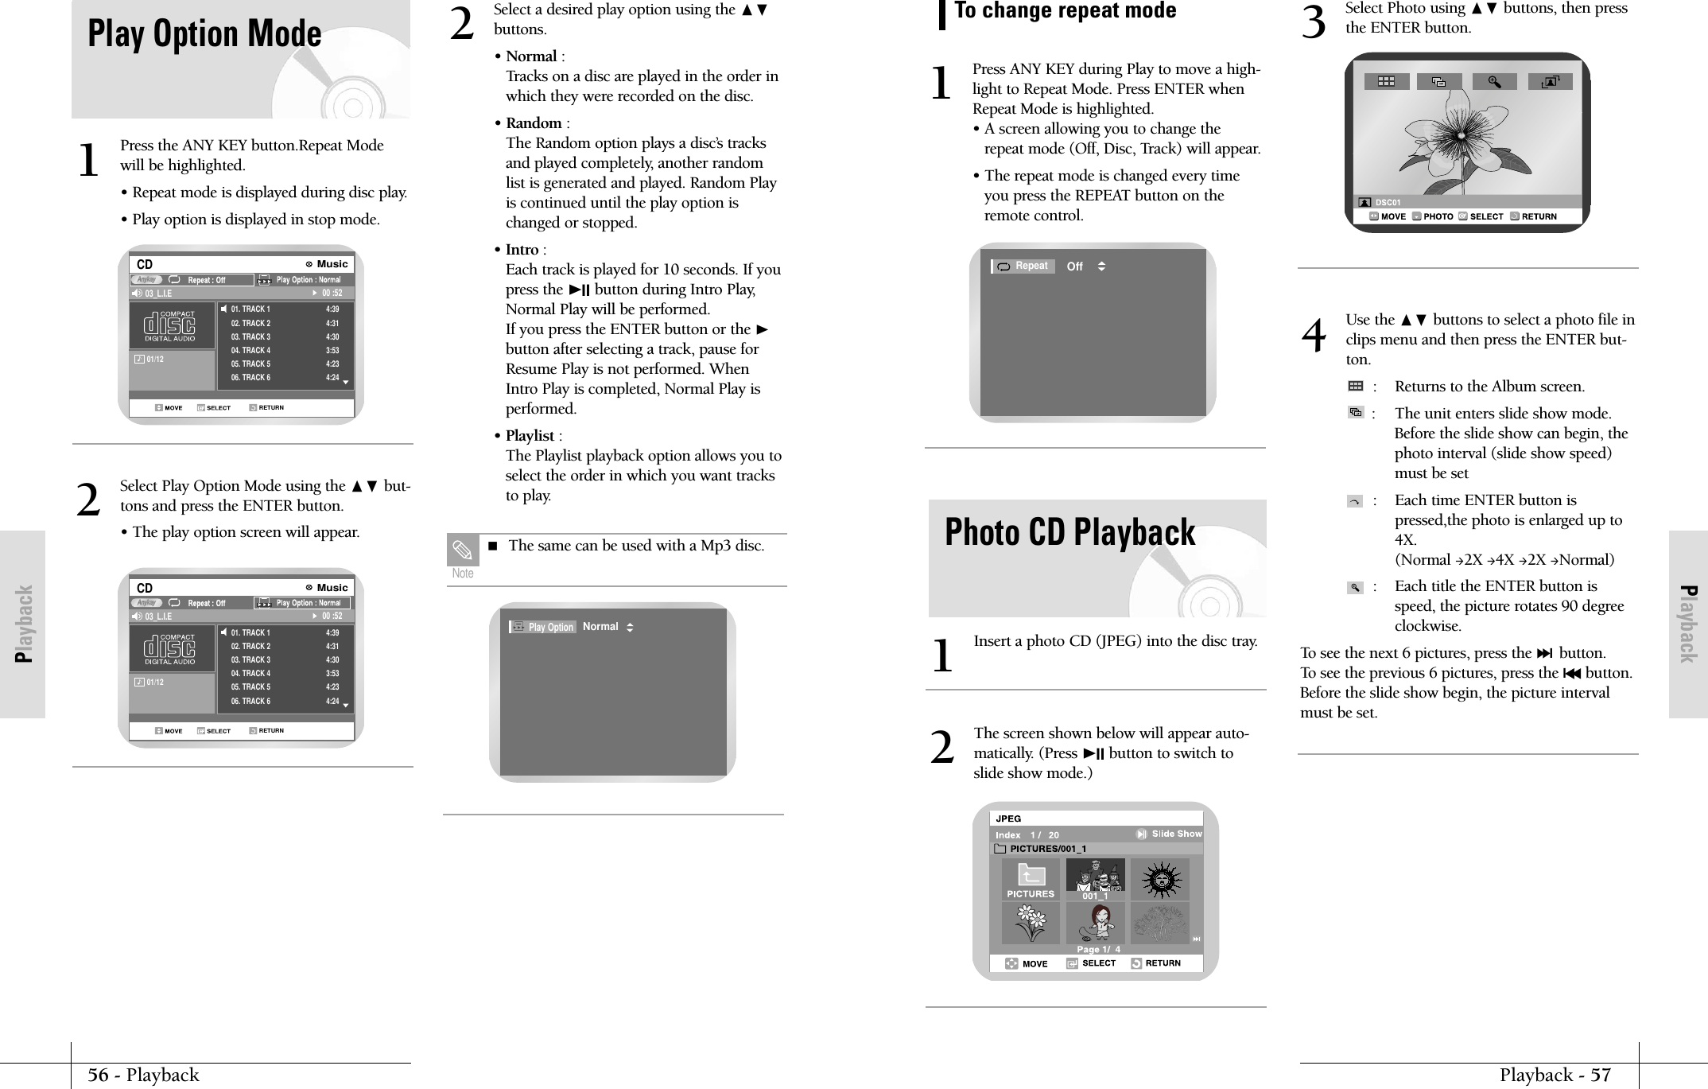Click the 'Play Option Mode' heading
204,34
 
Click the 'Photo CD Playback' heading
1069,532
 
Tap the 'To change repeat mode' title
1065,11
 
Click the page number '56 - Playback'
143,1075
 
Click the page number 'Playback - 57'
1555,1075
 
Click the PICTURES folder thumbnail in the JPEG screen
1030,879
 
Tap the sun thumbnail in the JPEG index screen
1160,879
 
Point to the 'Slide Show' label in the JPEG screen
1176,834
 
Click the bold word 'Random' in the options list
534,123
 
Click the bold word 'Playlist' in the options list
530,436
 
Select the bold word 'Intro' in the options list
522,250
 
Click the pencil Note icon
462,550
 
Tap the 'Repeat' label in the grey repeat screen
1031,266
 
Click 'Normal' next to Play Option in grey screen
600,627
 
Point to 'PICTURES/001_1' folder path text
1047,849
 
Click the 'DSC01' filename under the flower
1388,203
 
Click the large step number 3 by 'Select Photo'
1314,24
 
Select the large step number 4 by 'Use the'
1314,336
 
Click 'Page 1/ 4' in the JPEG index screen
1098,949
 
